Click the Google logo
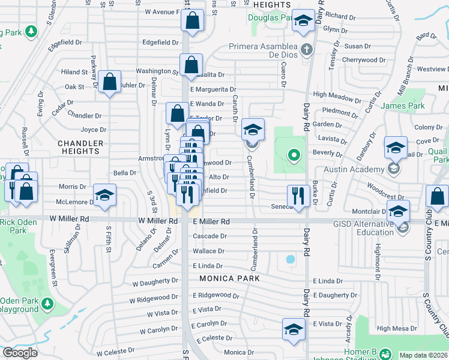(x=20, y=353)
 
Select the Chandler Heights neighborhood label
(x=80, y=147)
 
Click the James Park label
(x=403, y=106)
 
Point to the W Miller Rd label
(x=158, y=221)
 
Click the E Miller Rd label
(x=211, y=221)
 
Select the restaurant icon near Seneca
(x=298, y=196)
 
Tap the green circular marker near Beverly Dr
(x=294, y=156)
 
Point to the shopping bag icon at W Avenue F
(x=192, y=20)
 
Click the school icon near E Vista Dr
(x=293, y=329)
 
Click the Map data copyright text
(x=423, y=355)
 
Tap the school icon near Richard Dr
(x=304, y=22)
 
